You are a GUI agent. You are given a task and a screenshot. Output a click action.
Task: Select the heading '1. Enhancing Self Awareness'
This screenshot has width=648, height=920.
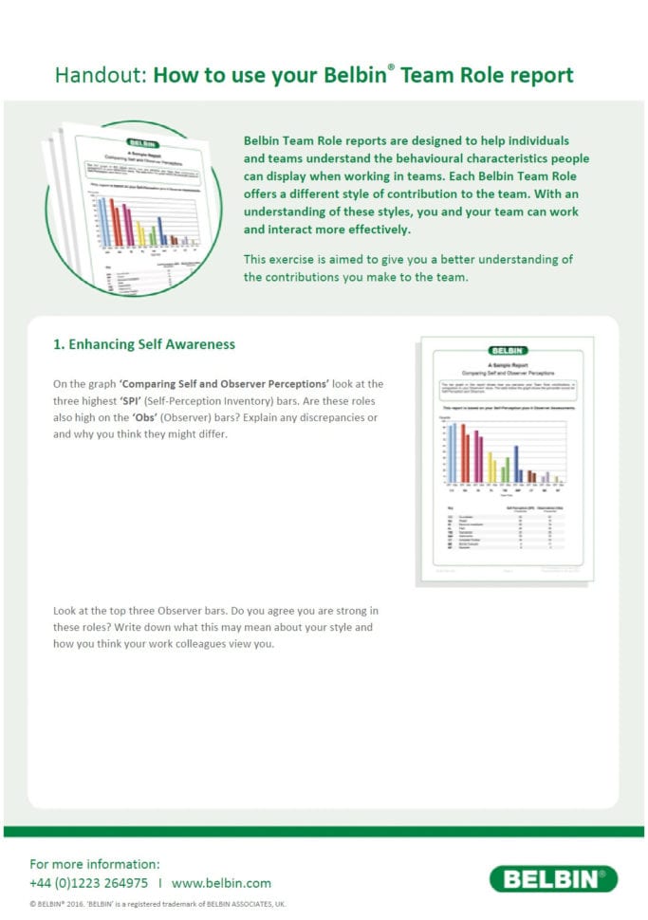tap(143, 344)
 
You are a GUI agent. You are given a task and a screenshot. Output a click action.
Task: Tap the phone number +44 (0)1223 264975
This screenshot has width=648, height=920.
tap(88, 882)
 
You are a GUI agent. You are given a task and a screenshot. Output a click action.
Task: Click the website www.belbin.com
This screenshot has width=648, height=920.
tap(221, 882)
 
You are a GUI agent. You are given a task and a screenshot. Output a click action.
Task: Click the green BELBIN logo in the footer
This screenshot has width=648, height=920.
tap(553, 879)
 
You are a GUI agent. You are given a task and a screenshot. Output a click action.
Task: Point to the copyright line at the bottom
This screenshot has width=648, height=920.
tap(157, 904)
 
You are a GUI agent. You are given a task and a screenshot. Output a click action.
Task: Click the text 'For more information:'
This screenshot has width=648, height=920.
tap(95, 864)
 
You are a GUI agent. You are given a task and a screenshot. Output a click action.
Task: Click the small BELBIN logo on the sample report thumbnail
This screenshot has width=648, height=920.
tap(508, 351)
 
